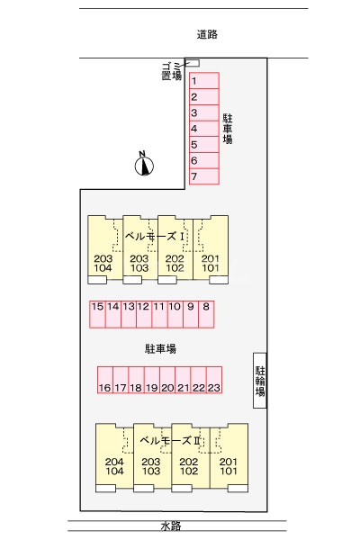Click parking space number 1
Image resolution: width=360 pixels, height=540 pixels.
click(204, 81)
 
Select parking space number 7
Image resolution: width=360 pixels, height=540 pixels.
click(204, 176)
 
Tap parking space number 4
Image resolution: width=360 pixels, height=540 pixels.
click(204, 129)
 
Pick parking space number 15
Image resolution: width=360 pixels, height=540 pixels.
click(97, 314)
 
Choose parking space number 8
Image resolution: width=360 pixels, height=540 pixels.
click(206, 314)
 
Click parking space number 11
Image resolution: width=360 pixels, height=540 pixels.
click(159, 314)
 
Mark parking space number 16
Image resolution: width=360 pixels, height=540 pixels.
click(105, 380)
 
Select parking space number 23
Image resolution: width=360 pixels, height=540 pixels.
click(214, 380)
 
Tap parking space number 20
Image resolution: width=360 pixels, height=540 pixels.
click(167, 380)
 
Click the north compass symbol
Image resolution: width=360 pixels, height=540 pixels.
click(144, 166)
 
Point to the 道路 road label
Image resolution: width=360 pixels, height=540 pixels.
click(207, 34)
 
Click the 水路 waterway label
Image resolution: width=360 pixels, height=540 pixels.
click(171, 526)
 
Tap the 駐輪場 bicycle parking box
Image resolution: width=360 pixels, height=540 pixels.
click(260, 381)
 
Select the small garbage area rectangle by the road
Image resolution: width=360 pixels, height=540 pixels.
click(193, 63)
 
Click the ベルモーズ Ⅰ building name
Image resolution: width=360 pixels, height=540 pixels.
click(154, 236)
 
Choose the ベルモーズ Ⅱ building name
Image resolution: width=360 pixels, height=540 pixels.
click(170, 440)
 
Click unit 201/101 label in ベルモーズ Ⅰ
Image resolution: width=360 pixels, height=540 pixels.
click(210, 263)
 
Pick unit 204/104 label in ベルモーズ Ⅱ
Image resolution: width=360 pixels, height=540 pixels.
click(114, 466)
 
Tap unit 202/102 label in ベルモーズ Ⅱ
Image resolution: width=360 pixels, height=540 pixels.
click(189, 466)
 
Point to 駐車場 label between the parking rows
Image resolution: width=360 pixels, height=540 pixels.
click(160, 349)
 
